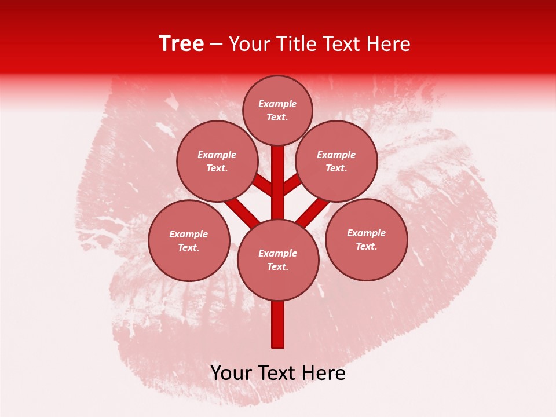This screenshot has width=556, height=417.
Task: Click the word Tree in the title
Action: click(181, 43)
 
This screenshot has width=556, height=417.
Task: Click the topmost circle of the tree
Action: click(277, 110)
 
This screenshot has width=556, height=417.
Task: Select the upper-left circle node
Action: click(217, 161)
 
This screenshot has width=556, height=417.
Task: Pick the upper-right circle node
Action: click(336, 161)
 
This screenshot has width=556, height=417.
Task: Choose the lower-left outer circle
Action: click(189, 240)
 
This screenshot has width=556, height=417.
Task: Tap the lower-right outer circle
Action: click(367, 239)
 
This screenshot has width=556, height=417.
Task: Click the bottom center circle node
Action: click(278, 259)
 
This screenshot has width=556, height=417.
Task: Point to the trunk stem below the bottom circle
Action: click(278, 324)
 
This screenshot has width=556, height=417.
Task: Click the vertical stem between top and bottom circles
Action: click(278, 182)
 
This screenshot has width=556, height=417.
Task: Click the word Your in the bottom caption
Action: click(231, 373)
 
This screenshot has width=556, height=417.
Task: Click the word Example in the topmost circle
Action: click(277, 104)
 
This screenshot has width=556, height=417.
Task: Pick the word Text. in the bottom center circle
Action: click(277, 266)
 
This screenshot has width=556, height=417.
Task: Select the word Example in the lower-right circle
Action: click(366, 233)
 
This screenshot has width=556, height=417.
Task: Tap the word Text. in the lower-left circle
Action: click(188, 247)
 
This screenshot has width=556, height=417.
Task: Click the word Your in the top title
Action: click(248, 43)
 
